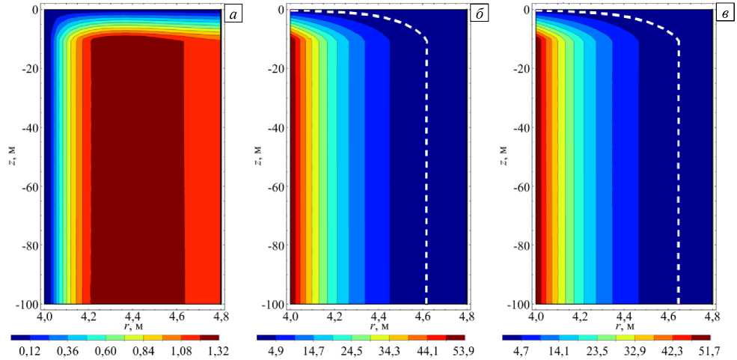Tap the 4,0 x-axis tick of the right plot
pyautogui.click(x=536, y=317)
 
